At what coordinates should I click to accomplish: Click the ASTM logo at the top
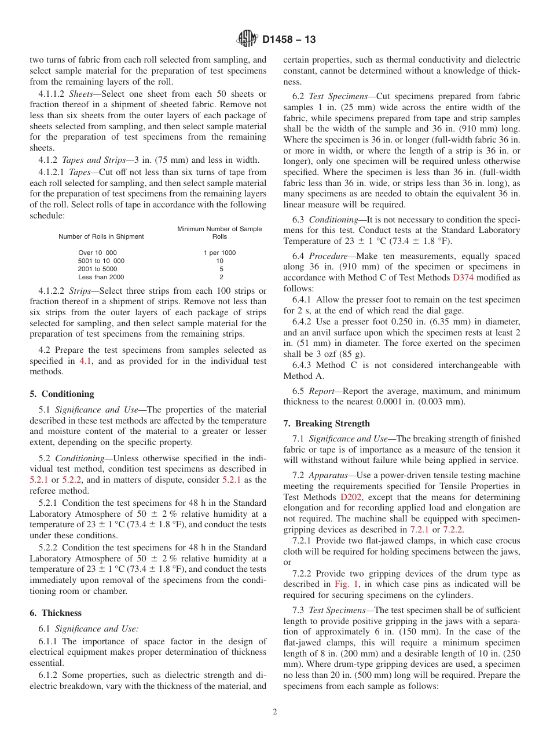point(248,39)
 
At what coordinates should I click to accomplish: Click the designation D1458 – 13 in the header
point(289,40)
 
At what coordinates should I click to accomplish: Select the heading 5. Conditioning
point(62,394)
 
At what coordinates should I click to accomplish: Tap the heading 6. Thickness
point(56,613)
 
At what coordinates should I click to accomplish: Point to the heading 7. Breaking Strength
point(327,424)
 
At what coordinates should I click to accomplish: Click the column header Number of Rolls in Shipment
point(101,236)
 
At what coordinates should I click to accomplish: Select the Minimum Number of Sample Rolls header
point(219,233)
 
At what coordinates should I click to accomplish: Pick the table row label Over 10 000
point(97,253)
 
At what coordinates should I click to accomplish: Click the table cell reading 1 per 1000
point(219,253)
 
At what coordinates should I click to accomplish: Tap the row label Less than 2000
point(101,277)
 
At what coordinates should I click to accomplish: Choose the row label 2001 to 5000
point(97,269)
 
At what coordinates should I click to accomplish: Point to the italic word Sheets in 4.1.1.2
point(82,94)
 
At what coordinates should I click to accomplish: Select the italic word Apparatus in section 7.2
point(329,475)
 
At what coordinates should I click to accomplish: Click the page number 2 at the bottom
point(275,712)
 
